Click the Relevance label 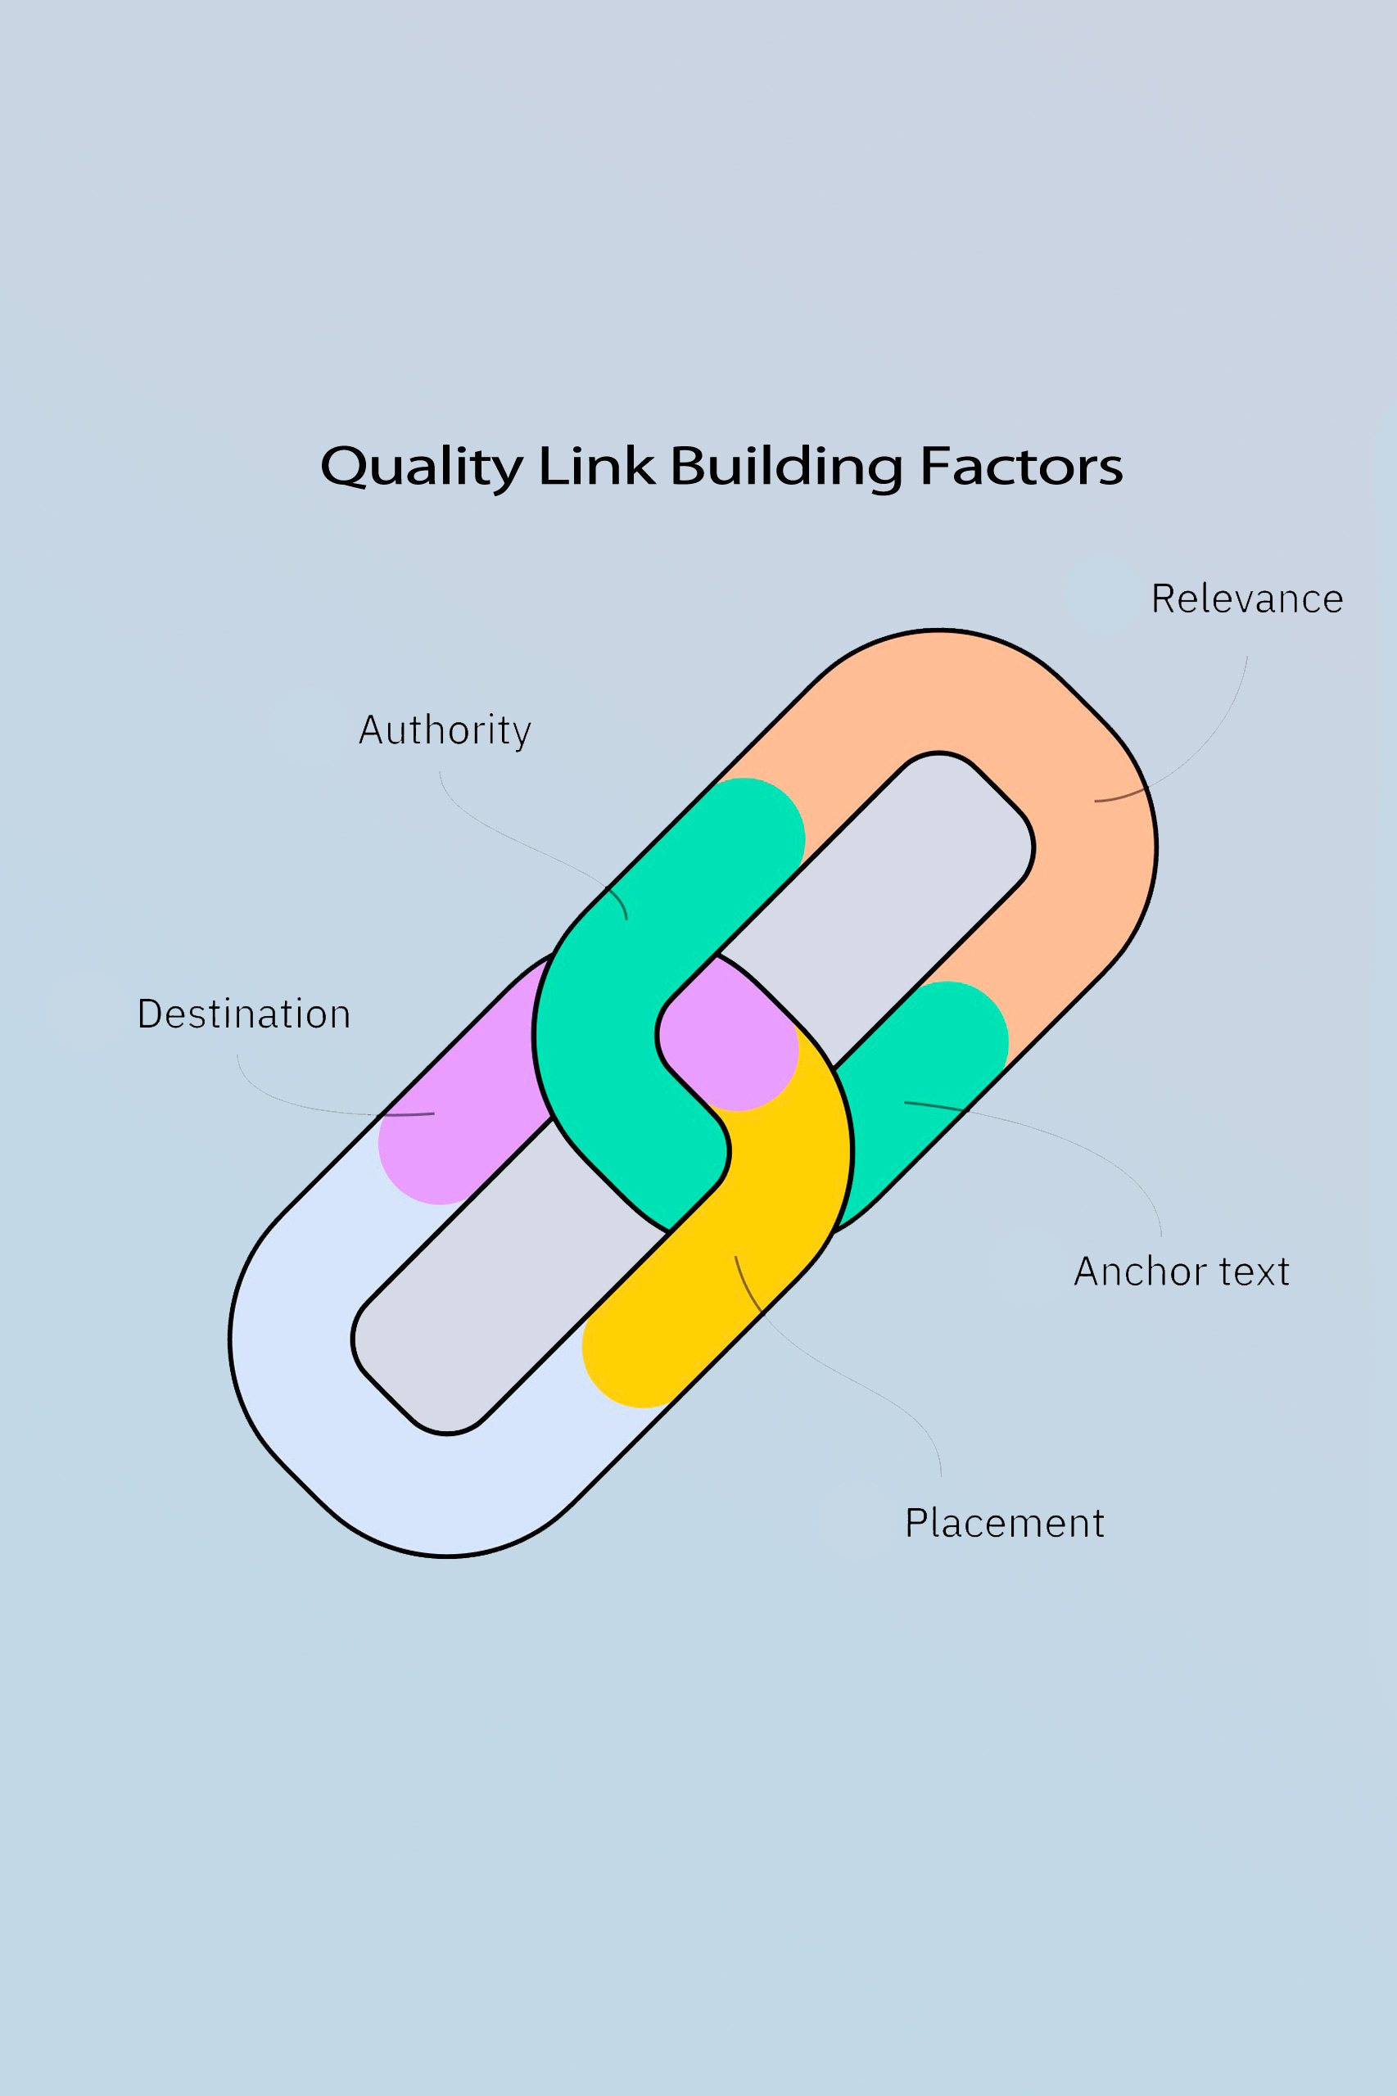click(1246, 599)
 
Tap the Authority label click(445, 730)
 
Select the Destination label click(243, 1014)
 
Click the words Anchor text click(1182, 1272)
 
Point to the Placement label click(1004, 1522)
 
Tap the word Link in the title click(597, 466)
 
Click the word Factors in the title click(1021, 466)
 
